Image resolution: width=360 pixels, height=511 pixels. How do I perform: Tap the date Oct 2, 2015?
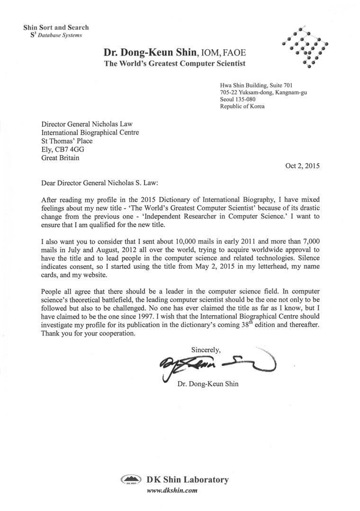point(302,166)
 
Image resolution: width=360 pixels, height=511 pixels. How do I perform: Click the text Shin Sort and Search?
point(56,27)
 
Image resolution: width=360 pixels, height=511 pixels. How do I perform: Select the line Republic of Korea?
point(243,107)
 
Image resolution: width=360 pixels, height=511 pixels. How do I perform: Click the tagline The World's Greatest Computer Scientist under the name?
point(175,64)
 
